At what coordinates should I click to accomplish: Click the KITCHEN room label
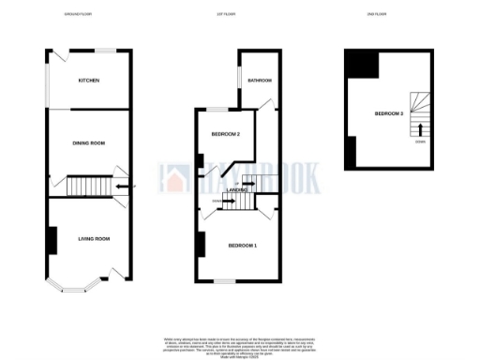pos(89,81)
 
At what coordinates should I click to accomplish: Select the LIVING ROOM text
pos(94,239)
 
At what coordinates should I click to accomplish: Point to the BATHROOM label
pos(259,82)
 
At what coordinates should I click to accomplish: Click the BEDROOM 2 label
pos(226,134)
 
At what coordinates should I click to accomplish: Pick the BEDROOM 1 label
pos(242,246)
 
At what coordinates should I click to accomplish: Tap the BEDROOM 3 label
pos(389,113)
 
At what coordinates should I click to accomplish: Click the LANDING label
pos(235,189)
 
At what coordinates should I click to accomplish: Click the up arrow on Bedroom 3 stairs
pos(420,128)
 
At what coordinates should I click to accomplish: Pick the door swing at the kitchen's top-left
pos(55,60)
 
